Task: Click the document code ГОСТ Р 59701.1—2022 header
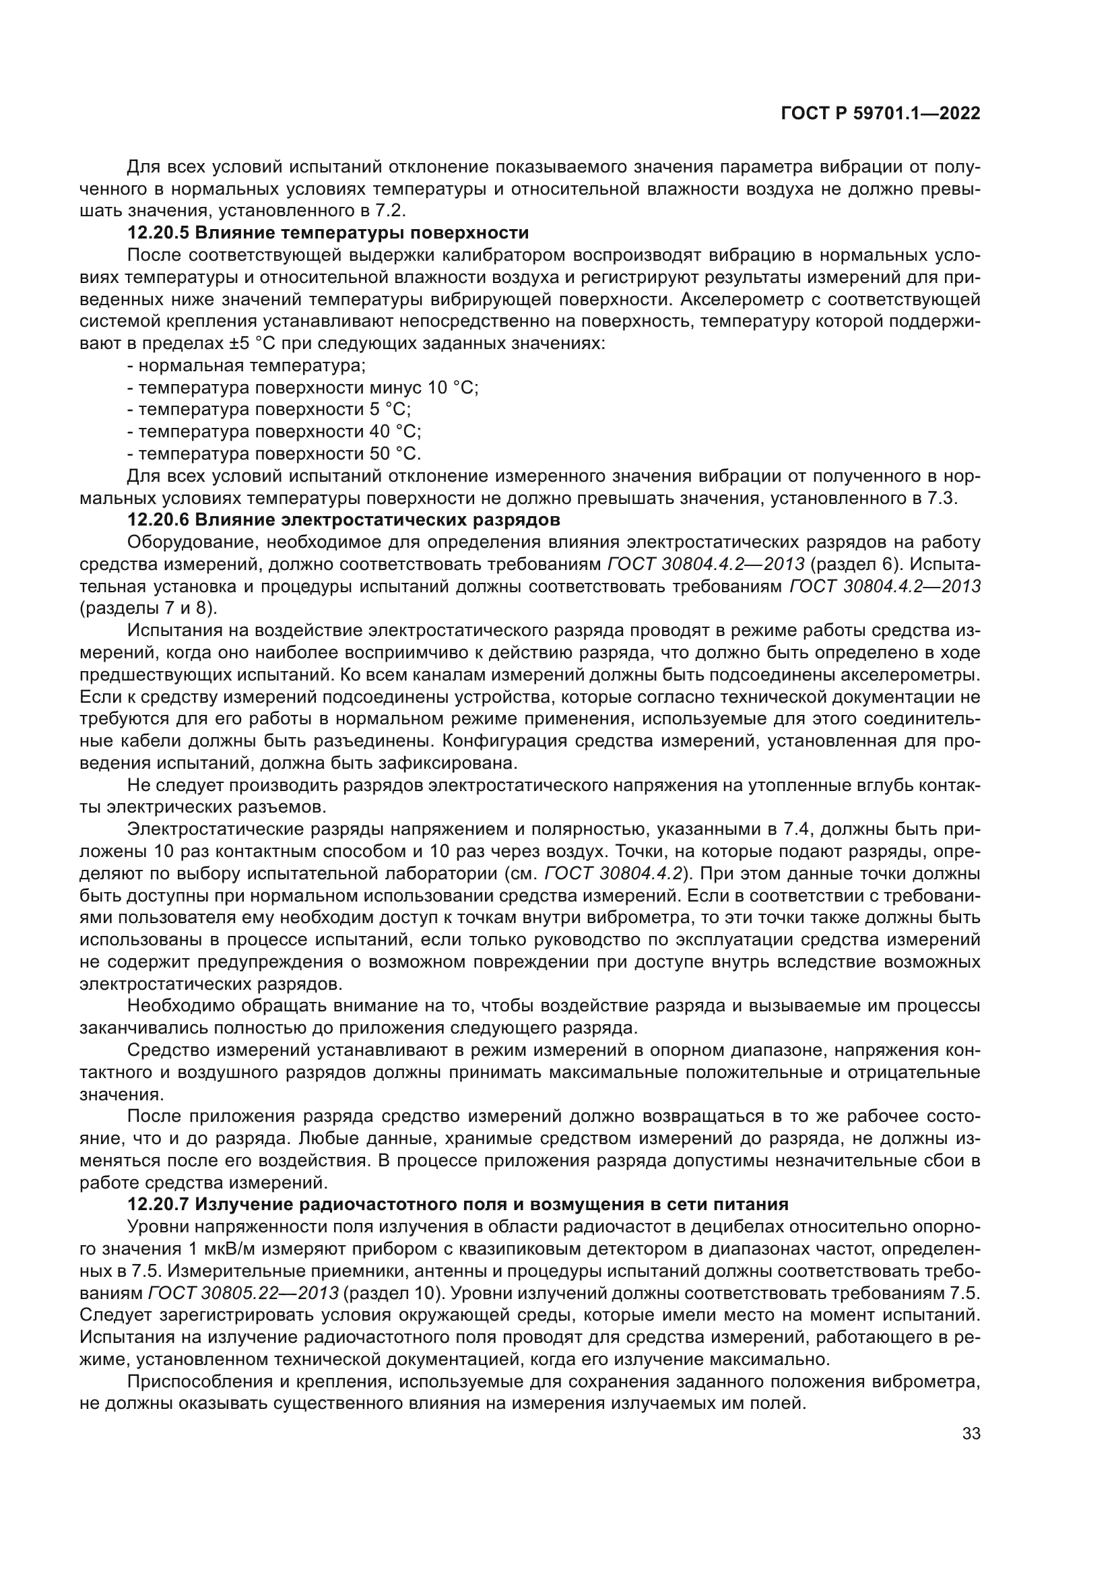[880, 114]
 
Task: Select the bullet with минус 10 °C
[302, 387]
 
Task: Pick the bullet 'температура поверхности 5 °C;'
[269, 410]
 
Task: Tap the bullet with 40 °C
[274, 432]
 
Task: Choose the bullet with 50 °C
[274, 453]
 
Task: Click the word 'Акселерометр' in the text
[755, 299]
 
